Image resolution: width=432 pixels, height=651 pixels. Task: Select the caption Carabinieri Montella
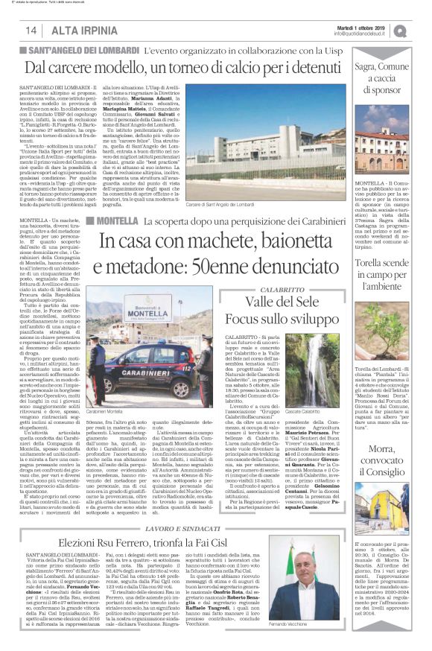pos(104,412)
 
